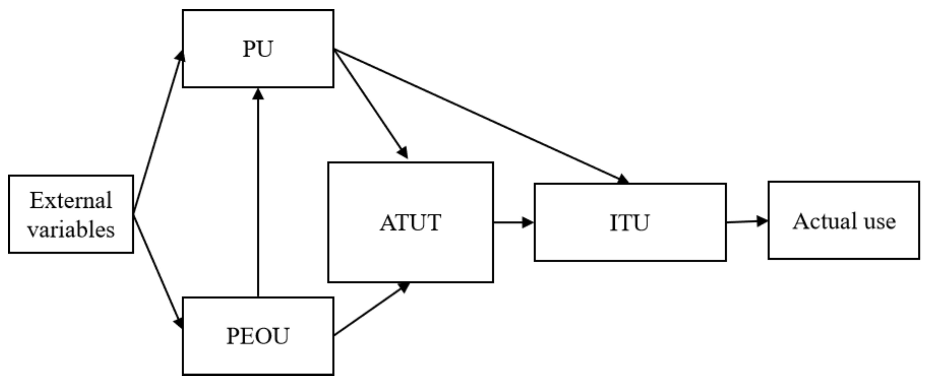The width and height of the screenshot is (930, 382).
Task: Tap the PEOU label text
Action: tap(258, 336)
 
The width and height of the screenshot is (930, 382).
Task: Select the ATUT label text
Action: tap(410, 222)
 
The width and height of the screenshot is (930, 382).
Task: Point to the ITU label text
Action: tap(630, 222)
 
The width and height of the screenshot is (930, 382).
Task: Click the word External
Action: tap(71, 200)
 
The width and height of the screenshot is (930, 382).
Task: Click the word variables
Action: tap(71, 230)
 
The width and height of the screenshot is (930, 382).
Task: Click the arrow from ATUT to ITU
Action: tap(511, 222)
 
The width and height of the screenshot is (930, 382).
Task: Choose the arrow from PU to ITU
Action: tap(480, 116)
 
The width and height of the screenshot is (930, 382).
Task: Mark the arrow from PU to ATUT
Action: tap(370, 103)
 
